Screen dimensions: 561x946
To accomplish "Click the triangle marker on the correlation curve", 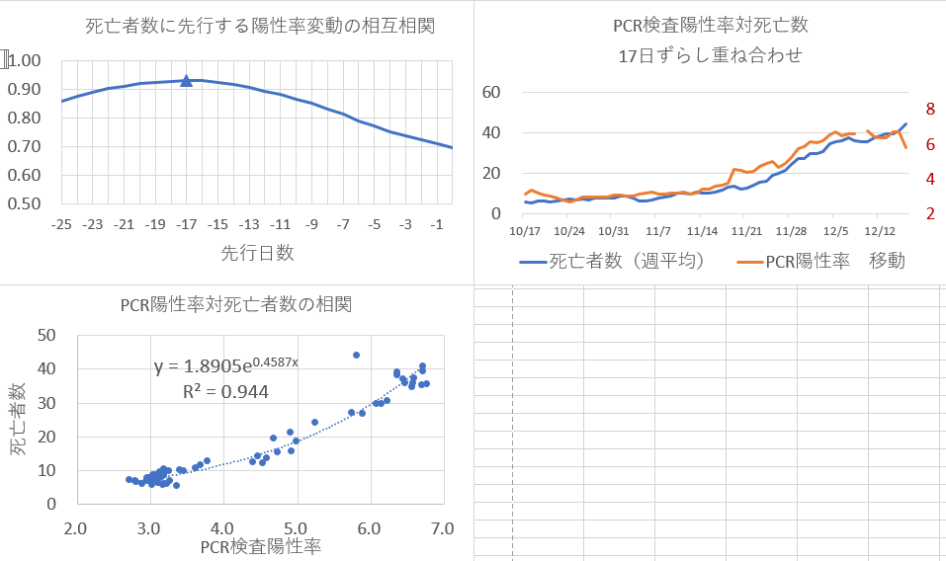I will (x=186, y=80).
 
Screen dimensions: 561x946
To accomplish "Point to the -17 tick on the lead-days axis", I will (x=186, y=225).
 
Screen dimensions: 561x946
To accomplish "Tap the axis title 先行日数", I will (x=258, y=253).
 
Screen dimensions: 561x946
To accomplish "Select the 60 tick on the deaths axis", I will (x=492, y=92).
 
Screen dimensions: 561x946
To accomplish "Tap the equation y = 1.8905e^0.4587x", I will (x=225, y=366).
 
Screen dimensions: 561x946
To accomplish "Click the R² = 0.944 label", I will (x=225, y=391).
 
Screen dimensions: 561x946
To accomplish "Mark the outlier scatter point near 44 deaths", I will (x=356, y=355).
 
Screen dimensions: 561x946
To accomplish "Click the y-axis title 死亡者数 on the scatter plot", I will (x=19, y=420).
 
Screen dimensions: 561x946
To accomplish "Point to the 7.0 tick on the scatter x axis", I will (x=442, y=528).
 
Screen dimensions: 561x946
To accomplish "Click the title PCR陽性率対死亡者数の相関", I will (x=236, y=303).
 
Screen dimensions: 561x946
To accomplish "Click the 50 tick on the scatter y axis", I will (x=45, y=335).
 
